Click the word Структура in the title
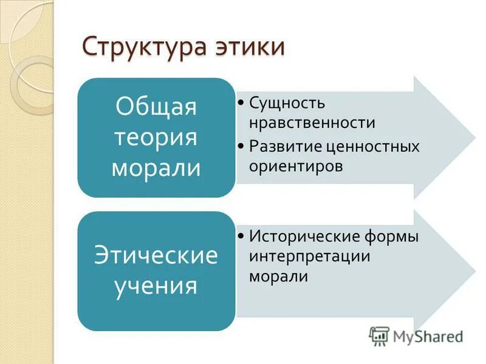coord(142,48)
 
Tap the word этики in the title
coord(249,48)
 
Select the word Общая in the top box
coord(156,107)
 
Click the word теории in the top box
coord(156,137)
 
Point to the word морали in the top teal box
coord(156,167)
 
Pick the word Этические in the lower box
coord(156,255)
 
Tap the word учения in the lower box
coord(156,285)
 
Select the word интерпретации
coord(309,255)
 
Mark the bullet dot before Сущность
coord(241,102)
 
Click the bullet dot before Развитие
coord(241,146)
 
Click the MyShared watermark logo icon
coord(379,335)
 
